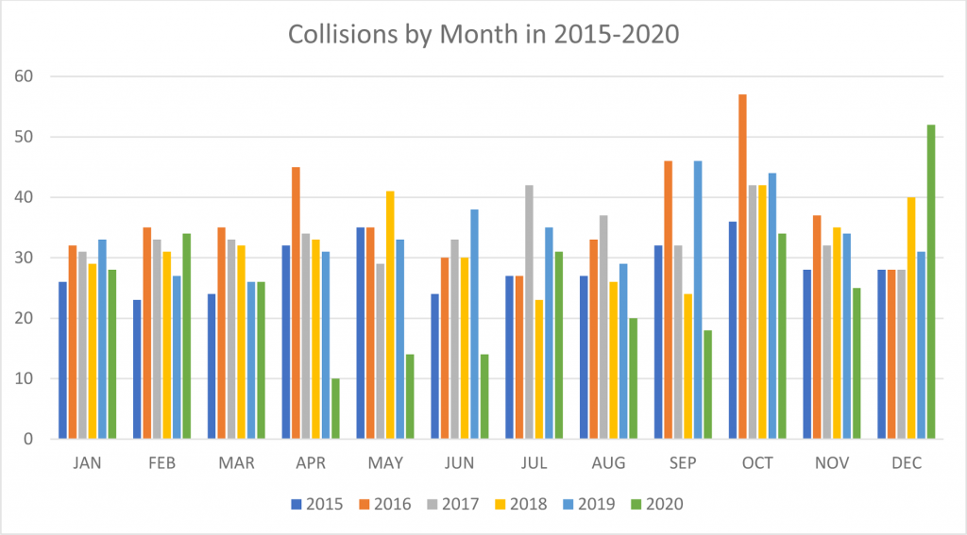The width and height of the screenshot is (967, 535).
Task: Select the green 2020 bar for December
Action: coord(931,282)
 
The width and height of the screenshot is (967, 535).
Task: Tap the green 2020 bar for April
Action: coord(335,409)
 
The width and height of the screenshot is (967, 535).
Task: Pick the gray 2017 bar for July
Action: coord(529,312)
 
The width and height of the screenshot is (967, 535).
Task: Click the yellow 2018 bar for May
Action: coord(390,315)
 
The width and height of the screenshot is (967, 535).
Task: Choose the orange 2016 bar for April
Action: coord(296,303)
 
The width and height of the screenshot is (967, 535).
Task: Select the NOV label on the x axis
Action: coord(831,463)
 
